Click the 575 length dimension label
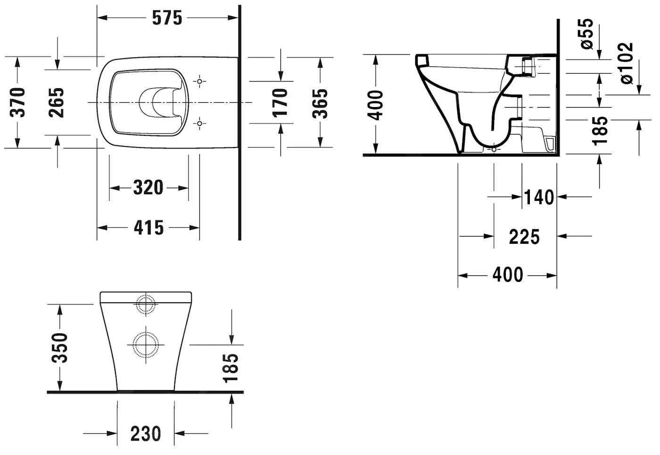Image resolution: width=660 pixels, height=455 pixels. (167, 18)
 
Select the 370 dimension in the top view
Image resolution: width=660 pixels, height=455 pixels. (18, 102)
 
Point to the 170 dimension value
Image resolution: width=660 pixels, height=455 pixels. (280, 102)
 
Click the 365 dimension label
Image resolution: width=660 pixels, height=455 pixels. (321, 102)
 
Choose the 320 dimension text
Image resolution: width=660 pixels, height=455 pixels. (148, 188)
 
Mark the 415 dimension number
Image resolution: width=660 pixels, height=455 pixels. (148, 228)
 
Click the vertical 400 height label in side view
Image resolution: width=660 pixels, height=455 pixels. (376, 105)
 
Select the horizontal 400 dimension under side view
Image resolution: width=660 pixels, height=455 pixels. (508, 275)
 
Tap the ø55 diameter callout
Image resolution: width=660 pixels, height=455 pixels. (586, 34)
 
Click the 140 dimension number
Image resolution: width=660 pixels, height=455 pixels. (539, 197)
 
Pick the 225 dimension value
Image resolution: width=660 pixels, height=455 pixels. (524, 237)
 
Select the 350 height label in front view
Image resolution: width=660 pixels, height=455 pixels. (60, 348)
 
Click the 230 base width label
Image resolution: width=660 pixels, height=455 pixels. (146, 434)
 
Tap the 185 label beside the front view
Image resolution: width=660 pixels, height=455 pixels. (231, 368)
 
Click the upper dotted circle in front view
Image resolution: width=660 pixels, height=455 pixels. (146, 305)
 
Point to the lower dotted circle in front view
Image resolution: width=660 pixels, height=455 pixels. (146, 345)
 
